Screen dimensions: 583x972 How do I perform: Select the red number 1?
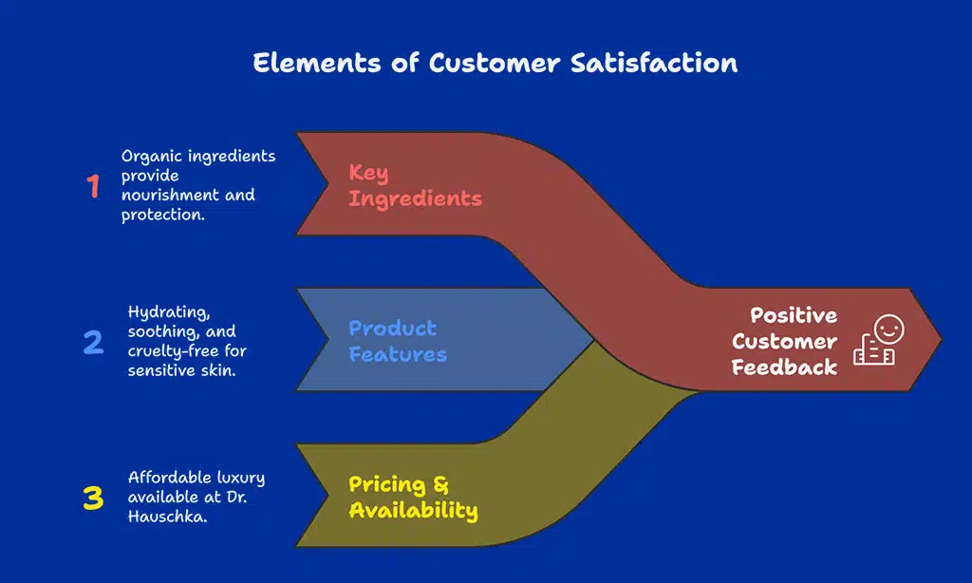pyautogui.click(x=93, y=186)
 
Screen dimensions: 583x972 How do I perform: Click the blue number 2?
pyautogui.click(x=93, y=342)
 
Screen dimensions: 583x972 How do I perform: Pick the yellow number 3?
pyautogui.click(x=93, y=498)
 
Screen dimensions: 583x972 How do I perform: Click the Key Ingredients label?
pyautogui.click(x=415, y=186)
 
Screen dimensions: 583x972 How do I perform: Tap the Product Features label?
pyautogui.click(x=397, y=342)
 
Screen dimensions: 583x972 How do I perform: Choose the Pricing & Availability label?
pyautogui.click(x=413, y=498)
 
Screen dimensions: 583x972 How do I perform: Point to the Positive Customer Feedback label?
pyautogui.click(x=784, y=341)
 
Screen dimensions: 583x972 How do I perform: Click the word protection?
pyautogui.click(x=161, y=215)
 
